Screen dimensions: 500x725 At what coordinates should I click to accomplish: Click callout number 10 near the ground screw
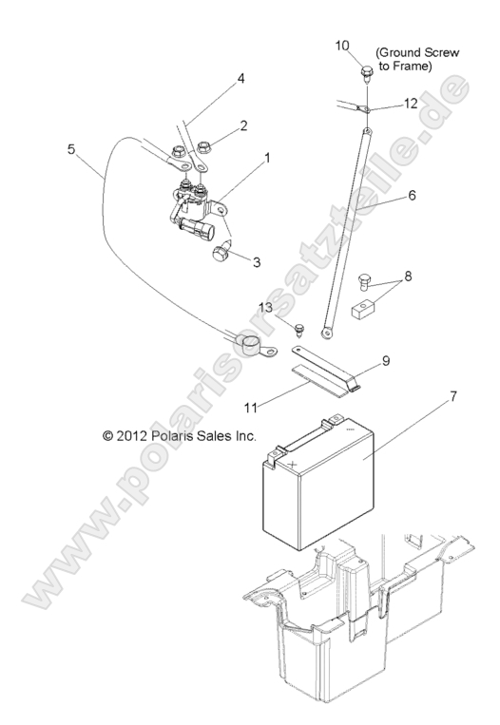[x=342, y=46]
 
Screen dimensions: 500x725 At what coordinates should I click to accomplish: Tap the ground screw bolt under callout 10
[x=366, y=74]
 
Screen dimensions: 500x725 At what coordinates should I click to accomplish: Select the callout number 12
[x=411, y=104]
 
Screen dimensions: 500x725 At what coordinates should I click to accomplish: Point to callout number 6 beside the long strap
[x=412, y=195]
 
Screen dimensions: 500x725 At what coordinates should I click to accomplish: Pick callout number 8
[x=408, y=277]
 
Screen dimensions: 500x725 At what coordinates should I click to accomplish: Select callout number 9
[x=386, y=361]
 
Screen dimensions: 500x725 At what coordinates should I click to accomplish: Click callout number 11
[x=250, y=408]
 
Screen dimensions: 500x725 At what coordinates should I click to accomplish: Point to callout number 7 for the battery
[x=453, y=396]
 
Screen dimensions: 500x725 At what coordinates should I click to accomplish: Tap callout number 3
[x=257, y=262]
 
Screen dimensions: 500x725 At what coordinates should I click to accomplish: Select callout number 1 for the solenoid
[x=267, y=158]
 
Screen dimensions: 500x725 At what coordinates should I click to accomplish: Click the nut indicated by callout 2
[x=204, y=147]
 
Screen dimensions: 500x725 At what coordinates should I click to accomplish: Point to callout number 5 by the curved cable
[x=70, y=149]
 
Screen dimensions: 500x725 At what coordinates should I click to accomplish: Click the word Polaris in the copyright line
[x=172, y=435]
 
